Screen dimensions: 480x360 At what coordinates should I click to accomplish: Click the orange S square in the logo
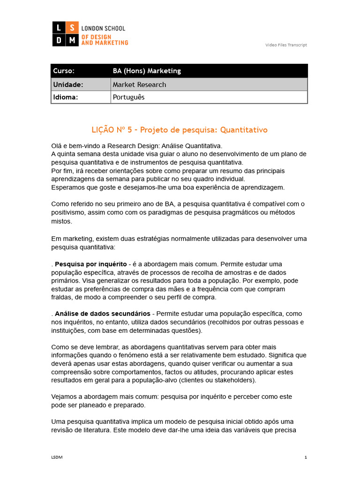point(72,28)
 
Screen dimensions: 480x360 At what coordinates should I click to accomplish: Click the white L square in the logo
point(59,28)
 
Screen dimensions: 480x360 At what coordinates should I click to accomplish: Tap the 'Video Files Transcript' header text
point(286,45)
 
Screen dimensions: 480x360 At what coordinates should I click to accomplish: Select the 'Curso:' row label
point(64,71)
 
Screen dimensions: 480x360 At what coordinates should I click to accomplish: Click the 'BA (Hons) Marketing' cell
point(147,71)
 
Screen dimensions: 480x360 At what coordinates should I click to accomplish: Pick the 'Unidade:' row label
point(68,84)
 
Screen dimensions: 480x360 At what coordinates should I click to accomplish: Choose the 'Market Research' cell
point(139,84)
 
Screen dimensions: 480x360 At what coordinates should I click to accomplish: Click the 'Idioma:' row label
point(66,97)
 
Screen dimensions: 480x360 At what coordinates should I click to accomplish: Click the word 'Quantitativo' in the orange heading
point(244,129)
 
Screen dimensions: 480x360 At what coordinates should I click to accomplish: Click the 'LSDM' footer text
point(56,457)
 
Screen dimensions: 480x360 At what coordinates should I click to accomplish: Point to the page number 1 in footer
point(306,457)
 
